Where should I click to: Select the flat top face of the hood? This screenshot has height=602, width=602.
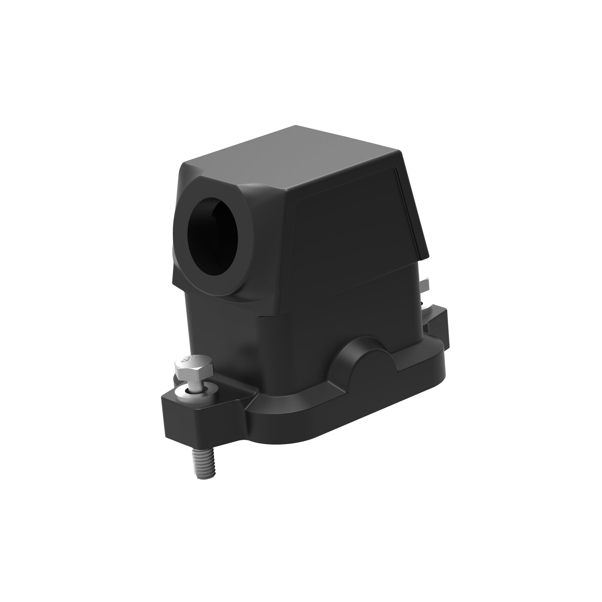290,156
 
